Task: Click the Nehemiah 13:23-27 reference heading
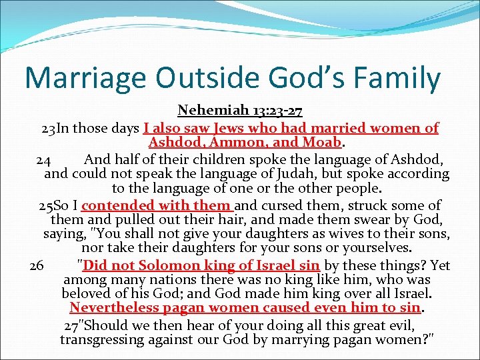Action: [x=239, y=110]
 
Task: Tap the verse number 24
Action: [x=43, y=160]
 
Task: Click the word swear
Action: [x=377, y=220]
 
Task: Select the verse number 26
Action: [x=37, y=266]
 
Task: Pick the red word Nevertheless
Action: [x=112, y=308]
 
